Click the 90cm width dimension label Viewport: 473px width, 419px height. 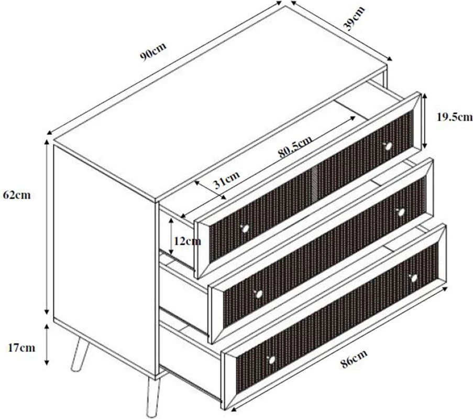pos(153,52)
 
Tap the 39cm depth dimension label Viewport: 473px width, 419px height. pos(355,18)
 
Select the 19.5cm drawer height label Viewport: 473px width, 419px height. pos(455,116)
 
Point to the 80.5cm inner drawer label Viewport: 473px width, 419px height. pos(295,147)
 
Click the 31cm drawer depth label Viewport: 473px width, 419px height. pos(226,180)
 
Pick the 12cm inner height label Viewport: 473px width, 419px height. pos(187,241)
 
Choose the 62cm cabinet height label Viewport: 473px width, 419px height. pos(17,195)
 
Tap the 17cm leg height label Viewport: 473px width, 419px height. pos(21,348)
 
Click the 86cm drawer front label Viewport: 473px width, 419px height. pos(355,359)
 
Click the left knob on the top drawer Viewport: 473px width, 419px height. pos(245,228)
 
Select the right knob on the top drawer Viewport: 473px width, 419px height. pos(388,146)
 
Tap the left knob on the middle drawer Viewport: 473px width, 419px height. pos(258,293)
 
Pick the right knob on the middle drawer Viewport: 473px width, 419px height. pos(401,212)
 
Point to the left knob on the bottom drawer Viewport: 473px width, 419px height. pos(271,360)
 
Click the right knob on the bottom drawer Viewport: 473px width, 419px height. pos(414,278)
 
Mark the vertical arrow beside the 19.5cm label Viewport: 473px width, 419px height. pos(425,121)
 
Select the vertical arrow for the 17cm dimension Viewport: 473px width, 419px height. pos(47,345)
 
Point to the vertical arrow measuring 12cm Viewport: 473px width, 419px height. pos(171,236)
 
